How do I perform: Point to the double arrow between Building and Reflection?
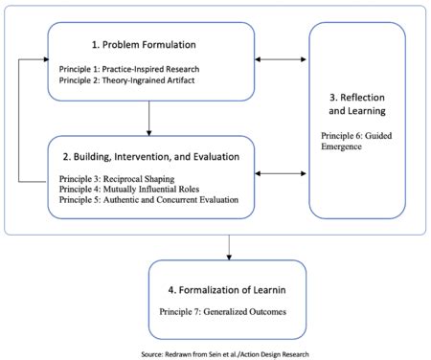click(282, 174)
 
